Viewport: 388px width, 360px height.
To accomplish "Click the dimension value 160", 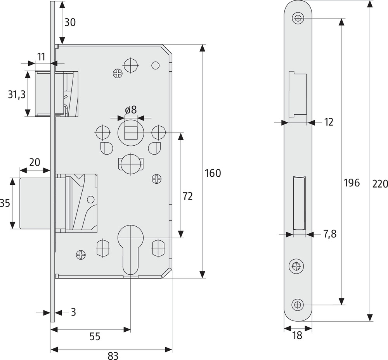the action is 213,173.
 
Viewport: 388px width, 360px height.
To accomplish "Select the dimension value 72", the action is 187,196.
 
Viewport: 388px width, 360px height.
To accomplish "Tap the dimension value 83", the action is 113,356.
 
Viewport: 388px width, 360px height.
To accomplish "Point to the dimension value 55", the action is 95,336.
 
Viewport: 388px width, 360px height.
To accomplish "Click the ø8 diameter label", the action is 131,110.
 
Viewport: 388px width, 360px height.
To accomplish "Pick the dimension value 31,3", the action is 17,95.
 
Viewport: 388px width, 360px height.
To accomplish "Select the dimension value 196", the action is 352,183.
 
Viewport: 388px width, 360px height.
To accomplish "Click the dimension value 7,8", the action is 330,234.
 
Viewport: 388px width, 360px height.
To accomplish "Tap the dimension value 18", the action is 297,335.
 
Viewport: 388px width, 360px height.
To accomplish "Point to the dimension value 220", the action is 380,184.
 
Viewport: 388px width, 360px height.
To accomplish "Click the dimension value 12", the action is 328,122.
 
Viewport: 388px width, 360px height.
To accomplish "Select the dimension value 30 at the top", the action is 70,22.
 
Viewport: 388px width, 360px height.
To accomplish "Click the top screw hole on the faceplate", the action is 298,18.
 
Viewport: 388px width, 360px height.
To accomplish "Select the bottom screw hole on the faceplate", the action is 298,305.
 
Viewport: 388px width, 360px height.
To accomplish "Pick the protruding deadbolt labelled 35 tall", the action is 35,203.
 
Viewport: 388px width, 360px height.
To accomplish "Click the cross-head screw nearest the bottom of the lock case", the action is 81,255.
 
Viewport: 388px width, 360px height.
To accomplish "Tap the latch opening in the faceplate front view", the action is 298,95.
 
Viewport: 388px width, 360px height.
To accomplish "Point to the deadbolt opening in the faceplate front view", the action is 299,203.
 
